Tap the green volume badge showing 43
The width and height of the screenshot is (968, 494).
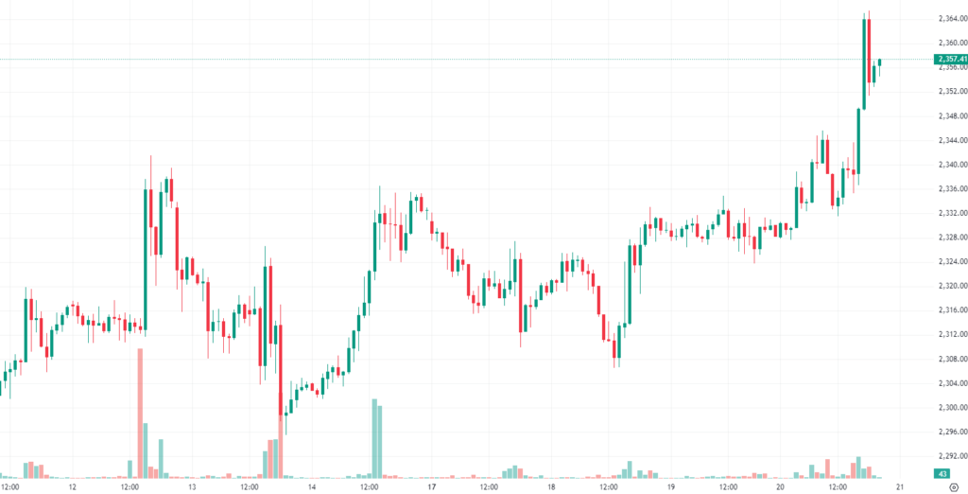pos(942,473)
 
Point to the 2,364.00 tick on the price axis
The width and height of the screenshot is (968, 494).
pos(950,19)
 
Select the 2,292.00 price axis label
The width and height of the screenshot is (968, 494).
pos(950,456)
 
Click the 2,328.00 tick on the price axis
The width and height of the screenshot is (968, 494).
pos(950,238)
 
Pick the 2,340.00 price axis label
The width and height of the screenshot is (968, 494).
pos(950,165)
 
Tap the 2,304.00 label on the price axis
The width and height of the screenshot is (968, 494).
pos(950,383)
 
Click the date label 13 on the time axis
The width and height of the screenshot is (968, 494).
pos(192,487)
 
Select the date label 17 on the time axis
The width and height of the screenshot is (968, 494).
pos(431,487)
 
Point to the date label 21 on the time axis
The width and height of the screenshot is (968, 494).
pos(899,487)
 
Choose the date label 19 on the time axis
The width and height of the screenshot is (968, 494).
pos(669,487)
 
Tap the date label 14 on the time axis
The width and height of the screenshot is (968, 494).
pos(311,487)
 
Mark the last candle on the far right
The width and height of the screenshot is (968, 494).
pos(879,62)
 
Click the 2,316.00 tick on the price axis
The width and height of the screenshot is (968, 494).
pos(950,310)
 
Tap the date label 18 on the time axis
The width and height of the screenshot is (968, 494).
pos(550,487)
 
